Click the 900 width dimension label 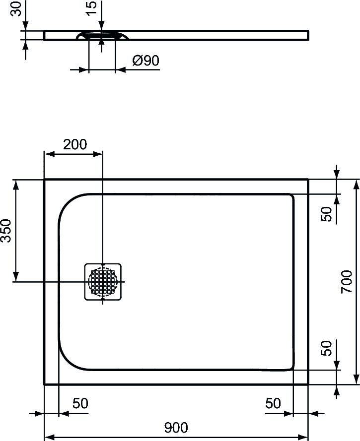pos(176,427)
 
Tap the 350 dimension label pos(6,230)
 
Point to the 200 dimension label pos(75,144)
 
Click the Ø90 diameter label pos(145,61)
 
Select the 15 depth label pos(91,9)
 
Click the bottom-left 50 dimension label pos(80,403)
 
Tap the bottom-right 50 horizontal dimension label pos(273,403)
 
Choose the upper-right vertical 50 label pos(326,214)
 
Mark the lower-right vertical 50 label pos(326,349)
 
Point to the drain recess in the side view pos(102,36)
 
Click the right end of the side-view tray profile pos(308,35)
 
